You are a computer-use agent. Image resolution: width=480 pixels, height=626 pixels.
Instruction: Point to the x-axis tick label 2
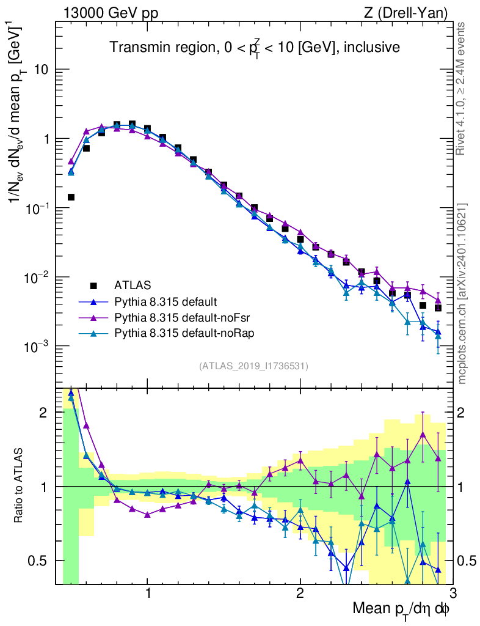point(300,594)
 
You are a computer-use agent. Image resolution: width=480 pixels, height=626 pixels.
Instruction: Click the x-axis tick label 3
point(452,594)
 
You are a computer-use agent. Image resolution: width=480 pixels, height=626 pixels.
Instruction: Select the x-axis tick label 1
point(148,594)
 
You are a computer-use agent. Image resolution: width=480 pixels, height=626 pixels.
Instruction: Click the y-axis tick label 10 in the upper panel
point(41,70)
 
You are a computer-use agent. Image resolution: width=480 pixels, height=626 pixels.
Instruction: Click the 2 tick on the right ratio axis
point(467,413)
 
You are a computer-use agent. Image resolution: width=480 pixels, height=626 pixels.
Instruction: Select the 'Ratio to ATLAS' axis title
point(20,486)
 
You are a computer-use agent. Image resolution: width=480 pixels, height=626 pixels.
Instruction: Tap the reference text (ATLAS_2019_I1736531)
point(253,366)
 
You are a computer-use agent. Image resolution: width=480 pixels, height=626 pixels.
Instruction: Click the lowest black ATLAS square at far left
point(71,197)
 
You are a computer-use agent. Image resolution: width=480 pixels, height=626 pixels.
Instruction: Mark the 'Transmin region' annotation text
point(254,48)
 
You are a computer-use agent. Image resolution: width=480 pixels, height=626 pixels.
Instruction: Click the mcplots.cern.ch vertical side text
point(463,293)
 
